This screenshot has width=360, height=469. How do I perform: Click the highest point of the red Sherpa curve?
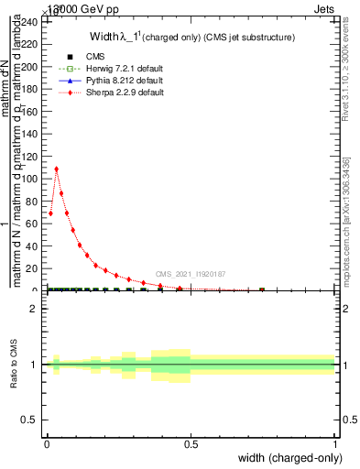(x=57, y=169)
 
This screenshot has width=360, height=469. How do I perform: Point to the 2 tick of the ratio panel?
(x=44, y=309)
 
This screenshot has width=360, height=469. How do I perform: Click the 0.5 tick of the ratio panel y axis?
(x=44, y=420)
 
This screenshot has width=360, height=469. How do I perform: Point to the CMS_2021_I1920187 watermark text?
(x=191, y=274)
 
